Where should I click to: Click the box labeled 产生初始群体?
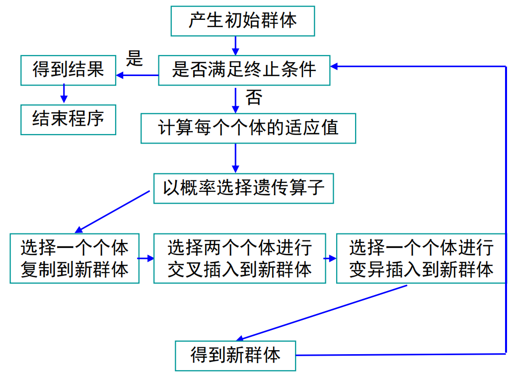(242, 21)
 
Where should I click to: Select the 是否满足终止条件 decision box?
(244, 70)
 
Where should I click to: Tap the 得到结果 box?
(68, 70)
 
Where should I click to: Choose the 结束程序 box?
(68, 119)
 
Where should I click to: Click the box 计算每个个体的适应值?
(248, 129)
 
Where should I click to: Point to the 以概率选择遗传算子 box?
(243, 188)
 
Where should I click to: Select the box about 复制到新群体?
(74, 258)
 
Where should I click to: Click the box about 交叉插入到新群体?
(239, 258)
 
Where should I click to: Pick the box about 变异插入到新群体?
(421, 258)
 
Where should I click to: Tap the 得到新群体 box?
(235, 355)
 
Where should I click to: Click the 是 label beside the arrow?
(134, 58)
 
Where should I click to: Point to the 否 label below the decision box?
(253, 97)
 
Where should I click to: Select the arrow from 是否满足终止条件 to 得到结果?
(138, 76)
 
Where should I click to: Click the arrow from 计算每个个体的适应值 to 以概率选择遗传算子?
(235, 158)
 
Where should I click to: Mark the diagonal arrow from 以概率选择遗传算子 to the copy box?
(113, 211)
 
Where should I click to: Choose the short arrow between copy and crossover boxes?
(146, 258)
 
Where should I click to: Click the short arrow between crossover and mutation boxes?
(331, 258)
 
